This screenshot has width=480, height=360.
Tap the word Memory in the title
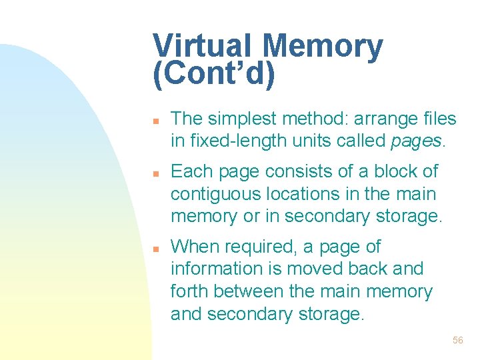(323, 46)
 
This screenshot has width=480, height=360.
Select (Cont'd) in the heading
(213, 75)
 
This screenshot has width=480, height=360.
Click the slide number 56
(457, 340)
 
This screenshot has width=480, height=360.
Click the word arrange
(379, 119)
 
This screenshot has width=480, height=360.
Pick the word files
(440, 119)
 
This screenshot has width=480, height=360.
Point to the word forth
(189, 291)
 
